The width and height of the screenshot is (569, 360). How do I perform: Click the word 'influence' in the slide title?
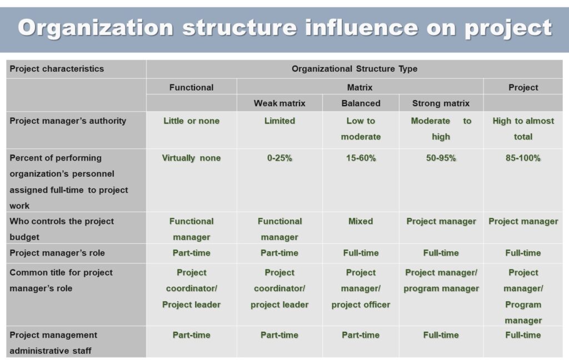click(x=361, y=28)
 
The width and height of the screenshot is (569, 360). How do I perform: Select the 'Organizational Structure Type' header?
click(x=355, y=69)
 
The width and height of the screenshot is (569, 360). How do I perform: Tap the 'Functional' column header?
click(x=191, y=87)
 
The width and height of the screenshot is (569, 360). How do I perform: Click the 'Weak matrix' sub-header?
click(x=279, y=103)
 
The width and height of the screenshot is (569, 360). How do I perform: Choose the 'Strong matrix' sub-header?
click(x=441, y=103)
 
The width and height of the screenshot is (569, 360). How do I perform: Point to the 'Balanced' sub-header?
click(x=361, y=103)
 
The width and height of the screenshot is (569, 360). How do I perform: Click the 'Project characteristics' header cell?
click(x=57, y=69)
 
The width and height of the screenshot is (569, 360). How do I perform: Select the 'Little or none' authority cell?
click(x=191, y=121)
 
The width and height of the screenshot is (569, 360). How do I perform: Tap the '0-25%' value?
click(x=279, y=158)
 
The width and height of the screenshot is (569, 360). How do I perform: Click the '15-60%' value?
click(x=361, y=158)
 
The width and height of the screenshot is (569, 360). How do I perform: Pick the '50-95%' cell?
click(x=441, y=158)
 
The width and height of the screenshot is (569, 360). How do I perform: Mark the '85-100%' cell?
click(x=523, y=158)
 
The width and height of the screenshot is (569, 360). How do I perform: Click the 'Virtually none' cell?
click(x=191, y=158)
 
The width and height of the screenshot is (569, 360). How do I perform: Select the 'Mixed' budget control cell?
click(x=361, y=221)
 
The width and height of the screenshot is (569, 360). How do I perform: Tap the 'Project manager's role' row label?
click(x=57, y=253)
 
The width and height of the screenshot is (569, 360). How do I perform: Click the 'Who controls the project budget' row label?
click(x=62, y=229)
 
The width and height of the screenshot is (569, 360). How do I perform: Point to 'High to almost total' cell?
click(x=523, y=129)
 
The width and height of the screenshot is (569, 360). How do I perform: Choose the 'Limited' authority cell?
click(x=279, y=121)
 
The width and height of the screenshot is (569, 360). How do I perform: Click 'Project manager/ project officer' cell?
click(x=361, y=288)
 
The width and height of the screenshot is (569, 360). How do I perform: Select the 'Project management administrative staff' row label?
click(x=53, y=343)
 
